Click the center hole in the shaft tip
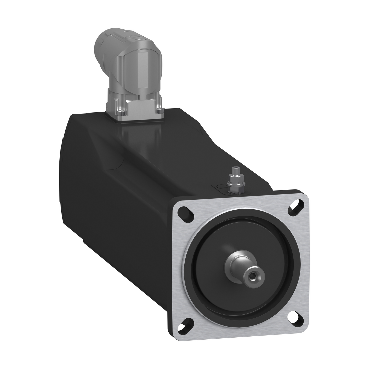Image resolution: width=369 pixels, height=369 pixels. click(253, 276)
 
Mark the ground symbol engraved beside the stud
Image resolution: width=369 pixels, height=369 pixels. click(220, 186)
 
